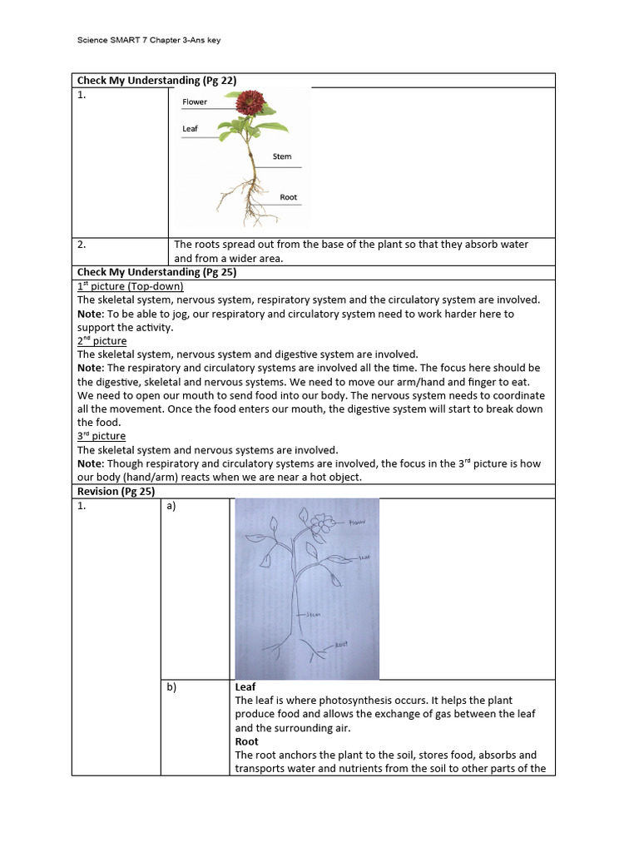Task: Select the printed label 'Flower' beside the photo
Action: coord(195,102)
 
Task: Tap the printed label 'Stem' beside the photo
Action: coord(282,156)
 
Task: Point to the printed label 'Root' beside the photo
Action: coord(288,197)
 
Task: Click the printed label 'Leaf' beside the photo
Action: coord(190,129)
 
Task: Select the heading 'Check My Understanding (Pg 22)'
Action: coord(157,80)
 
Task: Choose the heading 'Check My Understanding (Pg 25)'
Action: coord(157,272)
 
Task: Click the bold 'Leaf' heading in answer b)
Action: coord(245,687)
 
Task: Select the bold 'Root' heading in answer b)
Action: coord(246,741)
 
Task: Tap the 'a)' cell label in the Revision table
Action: coord(171,506)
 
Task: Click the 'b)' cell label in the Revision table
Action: coord(171,687)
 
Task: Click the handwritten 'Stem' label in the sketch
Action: coord(312,614)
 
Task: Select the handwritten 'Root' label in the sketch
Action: coord(339,645)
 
